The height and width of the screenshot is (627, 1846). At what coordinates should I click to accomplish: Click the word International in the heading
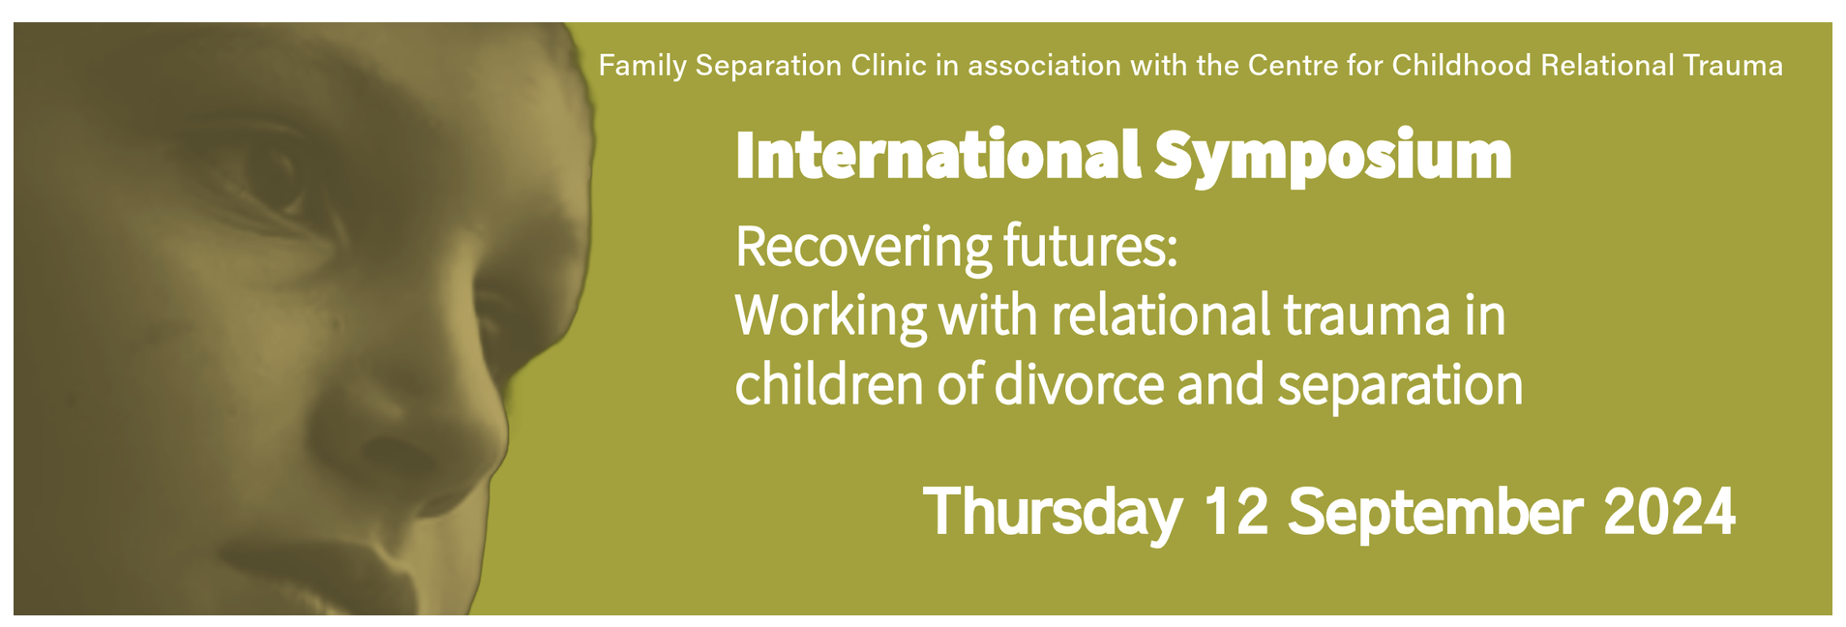click(x=938, y=155)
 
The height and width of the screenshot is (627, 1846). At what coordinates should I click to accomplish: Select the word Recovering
click(x=863, y=249)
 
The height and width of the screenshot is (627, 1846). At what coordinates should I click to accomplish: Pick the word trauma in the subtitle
click(x=1367, y=316)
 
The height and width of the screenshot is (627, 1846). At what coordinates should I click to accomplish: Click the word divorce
click(x=1079, y=383)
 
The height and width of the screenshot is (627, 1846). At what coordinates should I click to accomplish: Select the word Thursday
click(x=1053, y=513)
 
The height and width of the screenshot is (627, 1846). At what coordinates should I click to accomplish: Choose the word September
click(x=1435, y=514)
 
